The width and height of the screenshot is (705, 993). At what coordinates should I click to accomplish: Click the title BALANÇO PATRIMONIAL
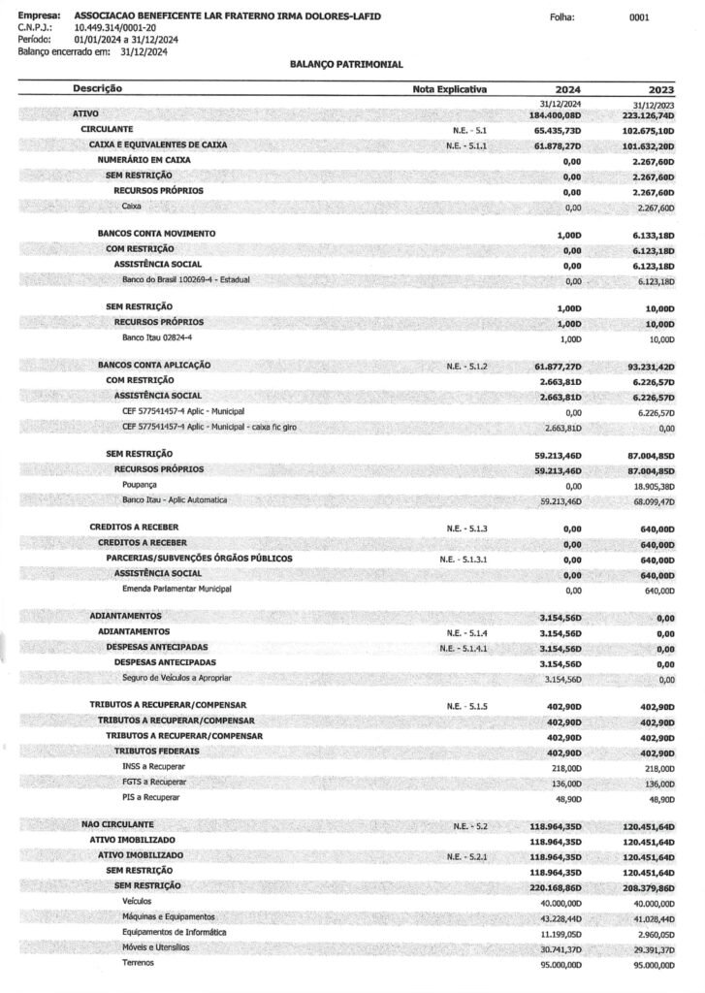click(x=346, y=63)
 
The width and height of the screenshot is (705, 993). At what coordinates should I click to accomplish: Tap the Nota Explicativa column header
click(x=449, y=89)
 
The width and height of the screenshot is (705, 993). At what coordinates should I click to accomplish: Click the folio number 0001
click(x=638, y=17)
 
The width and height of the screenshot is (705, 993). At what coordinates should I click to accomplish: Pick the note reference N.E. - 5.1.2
click(x=468, y=366)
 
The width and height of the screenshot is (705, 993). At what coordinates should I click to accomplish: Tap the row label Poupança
click(x=140, y=484)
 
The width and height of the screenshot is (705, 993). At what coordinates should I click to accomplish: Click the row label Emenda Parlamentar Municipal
click(x=176, y=589)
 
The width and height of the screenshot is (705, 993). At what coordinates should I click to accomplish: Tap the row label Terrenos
click(x=137, y=963)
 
